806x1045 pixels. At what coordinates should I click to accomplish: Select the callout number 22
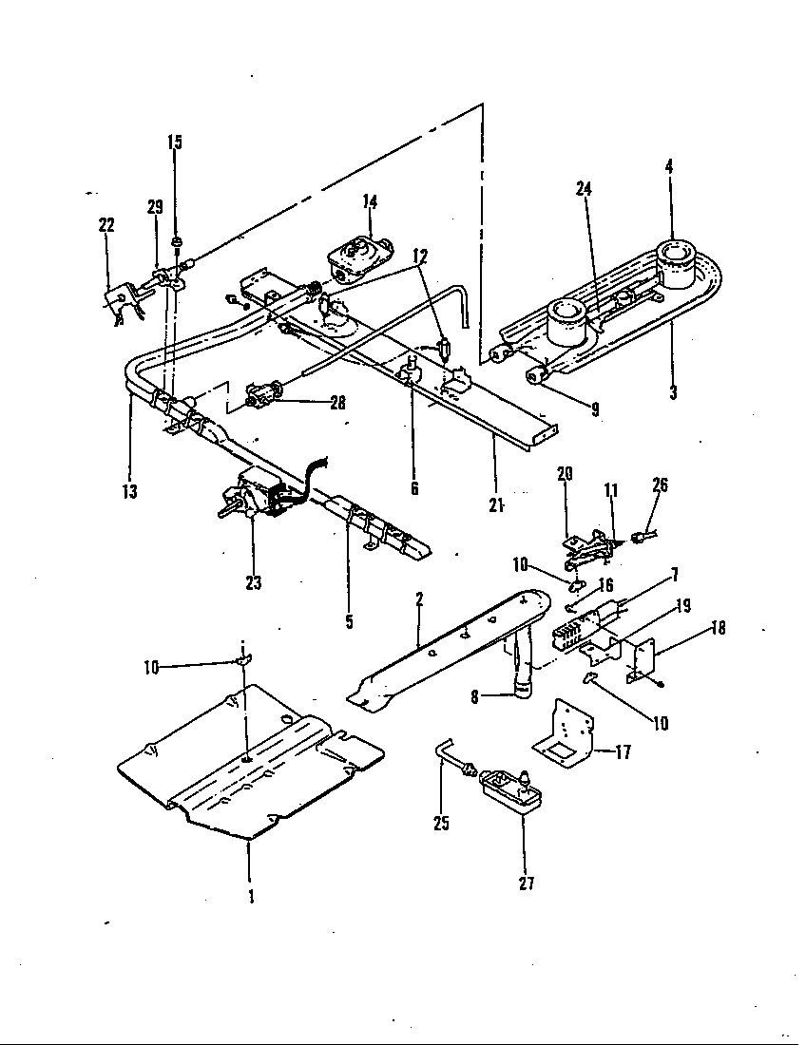(x=106, y=225)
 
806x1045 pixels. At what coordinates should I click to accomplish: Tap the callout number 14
(x=370, y=201)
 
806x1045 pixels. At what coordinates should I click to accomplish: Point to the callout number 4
(x=669, y=165)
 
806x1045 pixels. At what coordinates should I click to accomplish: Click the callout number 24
(x=584, y=188)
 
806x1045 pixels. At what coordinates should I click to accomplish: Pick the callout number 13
(x=129, y=491)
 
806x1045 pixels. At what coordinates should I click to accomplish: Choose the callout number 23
(x=253, y=582)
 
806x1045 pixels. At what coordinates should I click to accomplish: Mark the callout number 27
(x=527, y=883)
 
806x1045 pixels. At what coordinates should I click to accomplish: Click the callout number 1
(x=251, y=895)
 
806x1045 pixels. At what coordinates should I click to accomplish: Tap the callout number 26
(x=661, y=485)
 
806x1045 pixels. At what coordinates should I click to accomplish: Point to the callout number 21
(x=495, y=504)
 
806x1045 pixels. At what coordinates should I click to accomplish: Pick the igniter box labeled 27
(x=509, y=787)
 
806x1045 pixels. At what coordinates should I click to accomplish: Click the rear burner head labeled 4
(x=677, y=262)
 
